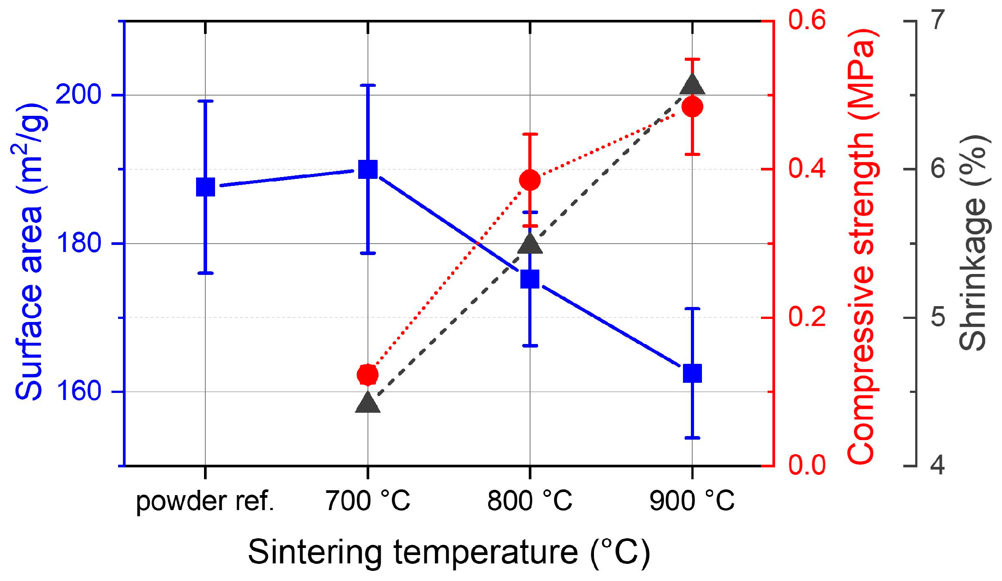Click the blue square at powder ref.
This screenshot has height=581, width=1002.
[x=205, y=187]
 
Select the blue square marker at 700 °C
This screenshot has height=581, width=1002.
[x=368, y=169]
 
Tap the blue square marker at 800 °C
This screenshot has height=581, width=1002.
[x=530, y=279]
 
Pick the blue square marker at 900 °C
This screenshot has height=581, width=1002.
[x=692, y=374]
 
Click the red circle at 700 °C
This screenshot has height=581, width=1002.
[x=367, y=375]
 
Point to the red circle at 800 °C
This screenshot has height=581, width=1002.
[x=530, y=180]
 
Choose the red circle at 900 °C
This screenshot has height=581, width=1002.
[x=692, y=107]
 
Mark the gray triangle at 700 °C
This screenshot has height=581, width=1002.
[x=368, y=403]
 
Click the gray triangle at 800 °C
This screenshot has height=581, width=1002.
[x=530, y=244]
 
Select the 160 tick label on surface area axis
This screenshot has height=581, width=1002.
[x=78, y=391]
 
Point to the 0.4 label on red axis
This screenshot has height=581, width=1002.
[x=807, y=168]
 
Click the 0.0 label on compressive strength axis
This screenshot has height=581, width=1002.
[x=807, y=465]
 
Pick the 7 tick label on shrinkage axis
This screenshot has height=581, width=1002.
[x=939, y=20]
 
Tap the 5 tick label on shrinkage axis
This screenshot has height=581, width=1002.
[x=938, y=317]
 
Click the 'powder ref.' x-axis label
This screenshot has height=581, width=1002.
[x=205, y=501]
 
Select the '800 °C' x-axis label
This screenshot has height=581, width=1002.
[x=530, y=501]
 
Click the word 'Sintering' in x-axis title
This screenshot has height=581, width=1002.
[x=315, y=552]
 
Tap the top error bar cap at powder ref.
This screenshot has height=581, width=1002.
[x=205, y=101]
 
